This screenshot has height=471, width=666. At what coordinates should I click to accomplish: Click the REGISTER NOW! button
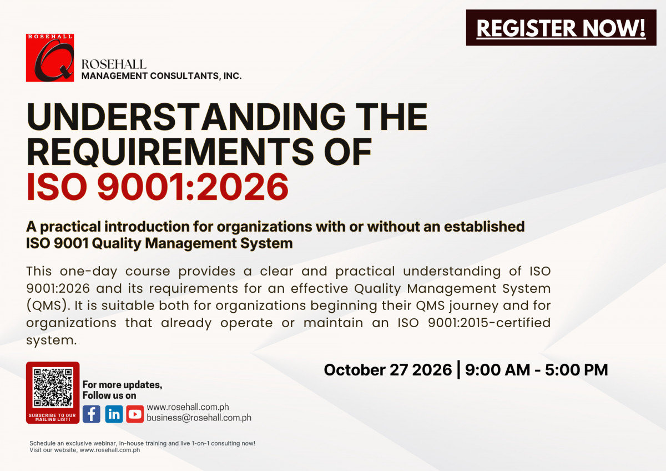(561, 28)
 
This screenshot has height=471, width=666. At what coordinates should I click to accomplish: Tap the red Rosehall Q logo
(50, 58)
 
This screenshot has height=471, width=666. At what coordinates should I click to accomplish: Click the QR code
(53, 387)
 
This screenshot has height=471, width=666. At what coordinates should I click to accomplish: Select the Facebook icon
(91, 414)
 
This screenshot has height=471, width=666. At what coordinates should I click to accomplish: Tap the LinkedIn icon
(114, 414)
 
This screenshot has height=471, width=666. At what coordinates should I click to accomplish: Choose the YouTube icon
(135, 414)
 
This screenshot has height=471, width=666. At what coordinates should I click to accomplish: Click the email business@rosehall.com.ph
(199, 418)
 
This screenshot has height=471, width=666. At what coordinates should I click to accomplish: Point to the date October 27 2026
(388, 370)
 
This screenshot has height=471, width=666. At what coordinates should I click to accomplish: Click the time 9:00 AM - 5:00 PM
(536, 370)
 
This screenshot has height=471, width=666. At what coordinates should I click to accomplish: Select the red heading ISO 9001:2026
(157, 187)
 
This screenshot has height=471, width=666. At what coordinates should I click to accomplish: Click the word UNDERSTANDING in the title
(186, 117)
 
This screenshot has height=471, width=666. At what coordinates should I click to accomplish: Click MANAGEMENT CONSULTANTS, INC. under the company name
(162, 76)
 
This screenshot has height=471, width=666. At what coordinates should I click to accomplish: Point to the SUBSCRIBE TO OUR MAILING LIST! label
(52, 417)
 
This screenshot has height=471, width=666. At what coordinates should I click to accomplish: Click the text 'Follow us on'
(109, 395)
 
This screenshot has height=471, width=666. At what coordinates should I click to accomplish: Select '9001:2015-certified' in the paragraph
(489, 323)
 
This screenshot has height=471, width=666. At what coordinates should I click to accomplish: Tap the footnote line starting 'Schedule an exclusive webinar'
(142, 443)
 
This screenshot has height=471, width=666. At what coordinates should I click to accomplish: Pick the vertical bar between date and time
(458, 369)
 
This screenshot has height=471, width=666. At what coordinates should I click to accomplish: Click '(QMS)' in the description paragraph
(48, 306)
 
